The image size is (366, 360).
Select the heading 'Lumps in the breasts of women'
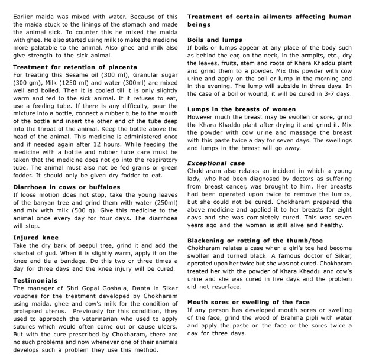(241, 109)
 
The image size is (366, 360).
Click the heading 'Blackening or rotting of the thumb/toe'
(255, 241)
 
